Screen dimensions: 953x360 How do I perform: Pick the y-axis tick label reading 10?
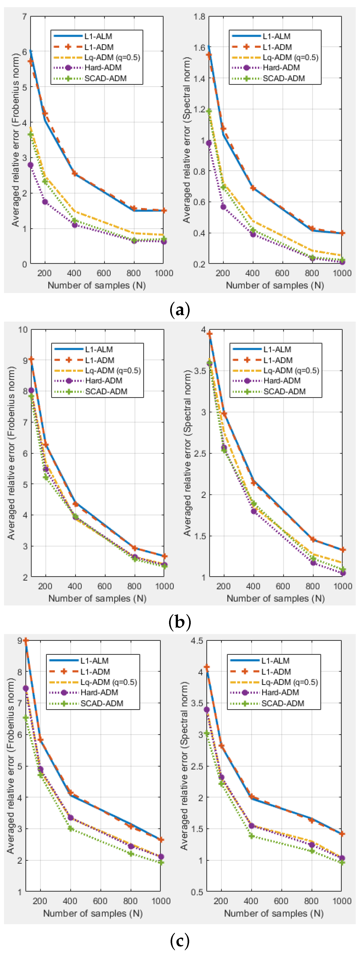[x=23, y=330]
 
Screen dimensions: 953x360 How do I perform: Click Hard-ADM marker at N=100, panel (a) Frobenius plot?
[x=30, y=165]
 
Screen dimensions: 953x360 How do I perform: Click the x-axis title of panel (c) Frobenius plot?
[x=93, y=913]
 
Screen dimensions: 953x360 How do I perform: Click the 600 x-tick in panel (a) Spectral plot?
[x=282, y=273]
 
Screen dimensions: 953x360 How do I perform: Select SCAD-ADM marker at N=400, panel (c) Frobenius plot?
[x=70, y=829]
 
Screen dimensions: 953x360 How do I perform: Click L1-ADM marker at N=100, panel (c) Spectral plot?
[x=207, y=667]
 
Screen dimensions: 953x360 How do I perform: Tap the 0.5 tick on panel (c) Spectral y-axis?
[x=197, y=892]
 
